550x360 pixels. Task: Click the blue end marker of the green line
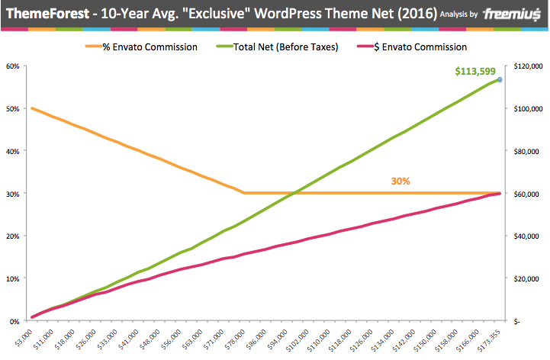pyautogui.click(x=500, y=79)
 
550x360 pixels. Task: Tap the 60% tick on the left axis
pyautogui.click(x=13, y=66)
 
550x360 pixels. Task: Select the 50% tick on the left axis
pyautogui.click(x=13, y=108)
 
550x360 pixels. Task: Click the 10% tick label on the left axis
pyautogui.click(x=13, y=278)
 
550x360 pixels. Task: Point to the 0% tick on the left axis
pyautogui.click(x=14, y=321)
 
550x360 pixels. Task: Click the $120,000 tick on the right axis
pyautogui.click(x=526, y=66)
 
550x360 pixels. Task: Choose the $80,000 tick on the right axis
pyautogui.click(x=527, y=151)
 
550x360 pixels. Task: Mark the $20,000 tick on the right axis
pyautogui.click(x=527, y=278)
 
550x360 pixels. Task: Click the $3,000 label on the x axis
pyautogui.click(x=23, y=336)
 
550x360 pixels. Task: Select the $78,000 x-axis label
pyautogui.click(x=233, y=339)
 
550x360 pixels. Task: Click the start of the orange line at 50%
pyautogui.click(x=32, y=108)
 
